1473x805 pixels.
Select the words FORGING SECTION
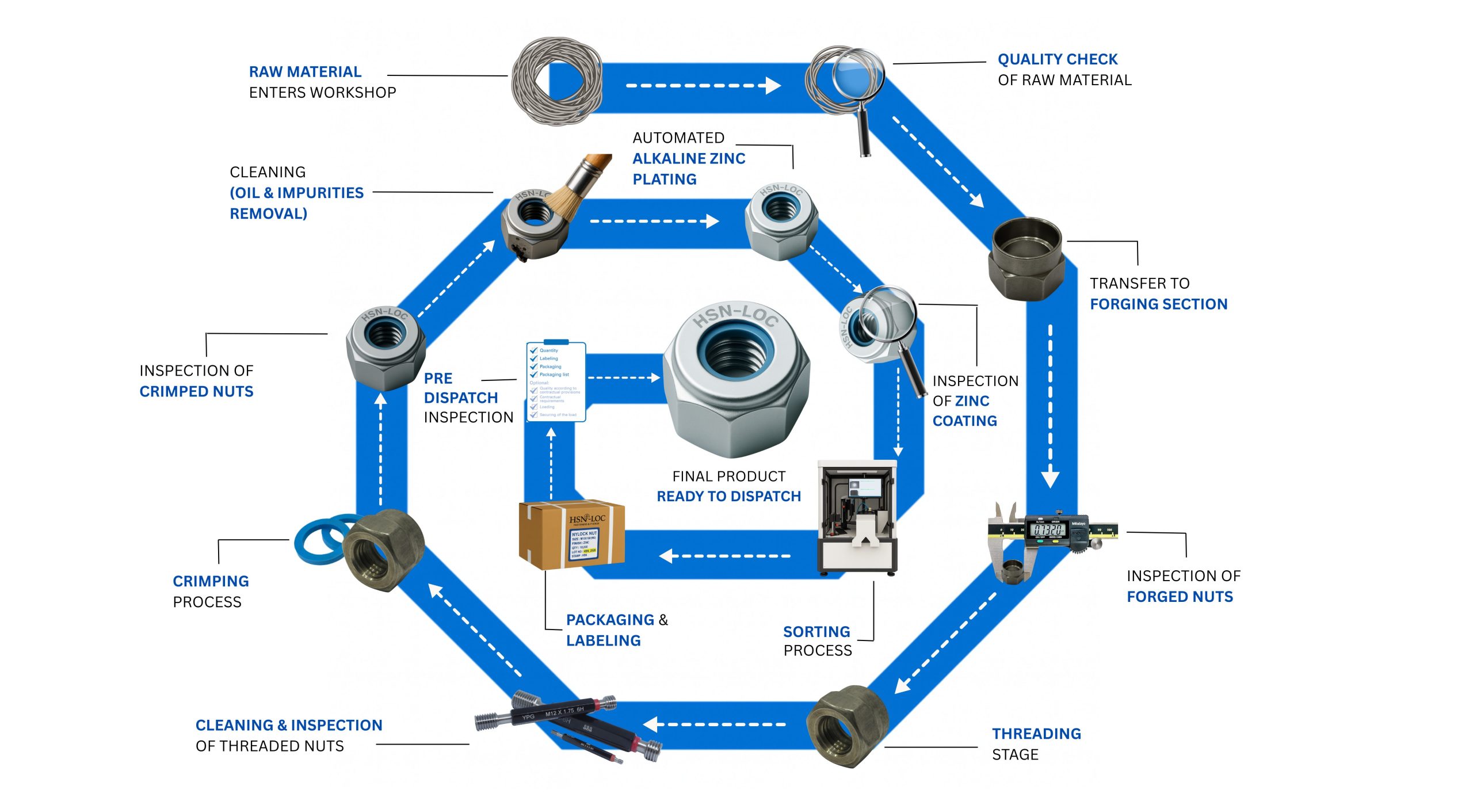(1158, 304)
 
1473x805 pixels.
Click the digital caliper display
(1048, 529)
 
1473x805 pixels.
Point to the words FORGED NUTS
(1180, 597)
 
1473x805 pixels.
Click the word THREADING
(1036, 734)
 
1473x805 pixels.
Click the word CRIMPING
(211, 581)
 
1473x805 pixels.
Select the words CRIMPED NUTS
(196, 391)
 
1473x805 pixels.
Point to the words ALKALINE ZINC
(689, 159)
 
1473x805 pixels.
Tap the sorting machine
(857, 518)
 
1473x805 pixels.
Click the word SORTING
(816, 632)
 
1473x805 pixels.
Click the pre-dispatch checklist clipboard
(556, 382)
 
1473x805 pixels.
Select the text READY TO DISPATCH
(728, 497)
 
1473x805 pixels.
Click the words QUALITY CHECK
(1057, 59)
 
